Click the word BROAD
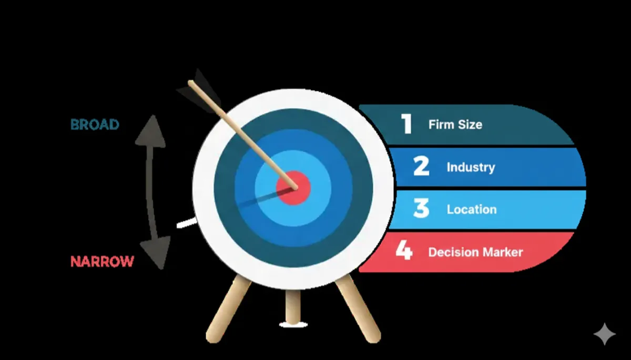pyautogui.click(x=95, y=125)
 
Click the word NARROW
pyautogui.click(x=102, y=261)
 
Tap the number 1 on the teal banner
pyautogui.click(x=406, y=125)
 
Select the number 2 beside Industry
pyautogui.click(x=421, y=167)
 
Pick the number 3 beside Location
pyautogui.click(x=421, y=209)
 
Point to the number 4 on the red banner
pyautogui.click(x=404, y=251)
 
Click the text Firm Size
pyautogui.click(x=455, y=125)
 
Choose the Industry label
pyautogui.click(x=471, y=168)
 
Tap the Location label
pyautogui.click(x=471, y=209)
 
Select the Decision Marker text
pyautogui.click(x=475, y=252)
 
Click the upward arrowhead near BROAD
pyautogui.click(x=150, y=131)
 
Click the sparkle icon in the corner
pyautogui.click(x=604, y=334)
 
